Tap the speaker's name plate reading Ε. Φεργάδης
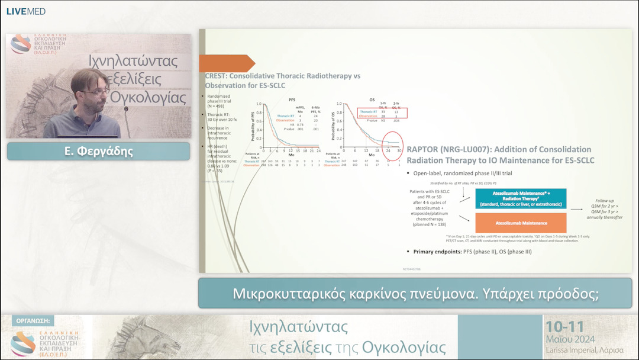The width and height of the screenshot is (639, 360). (x=98, y=151)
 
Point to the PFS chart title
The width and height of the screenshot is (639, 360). (x=292, y=100)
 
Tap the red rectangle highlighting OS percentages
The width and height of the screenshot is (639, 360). (x=382, y=113)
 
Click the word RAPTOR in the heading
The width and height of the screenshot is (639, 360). (x=425, y=149)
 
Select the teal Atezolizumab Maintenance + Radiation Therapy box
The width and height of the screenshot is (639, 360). (x=521, y=199)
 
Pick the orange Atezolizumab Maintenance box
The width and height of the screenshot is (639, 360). (x=521, y=223)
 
